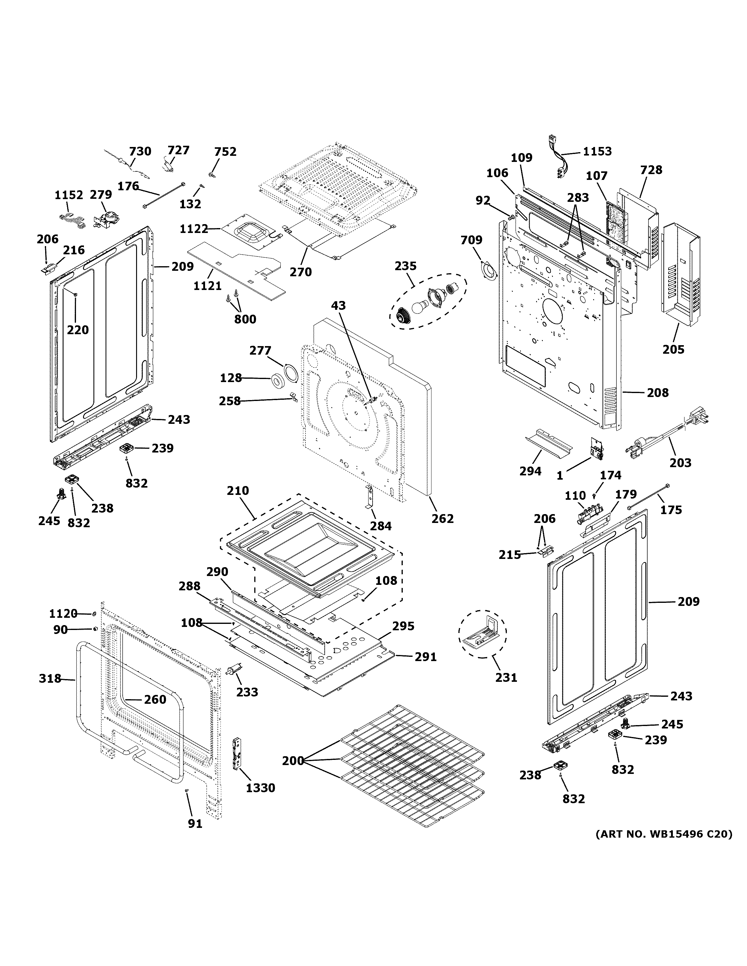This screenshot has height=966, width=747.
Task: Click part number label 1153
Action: coord(597,151)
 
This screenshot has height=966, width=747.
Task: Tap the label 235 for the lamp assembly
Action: coord(405,266)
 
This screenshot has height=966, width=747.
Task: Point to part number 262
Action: coord(442,518)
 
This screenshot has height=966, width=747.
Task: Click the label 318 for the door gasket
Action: coord(49,678)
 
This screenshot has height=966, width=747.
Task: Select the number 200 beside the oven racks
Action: coord(293,761)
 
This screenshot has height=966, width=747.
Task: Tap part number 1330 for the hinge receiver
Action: coord(261,788)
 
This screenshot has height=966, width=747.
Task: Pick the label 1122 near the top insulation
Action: coord(194,229)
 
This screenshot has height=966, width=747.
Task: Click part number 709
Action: coord(471,240)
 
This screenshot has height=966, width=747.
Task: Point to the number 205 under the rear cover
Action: coord(673,349)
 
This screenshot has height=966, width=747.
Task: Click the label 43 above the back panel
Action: coord(338,306)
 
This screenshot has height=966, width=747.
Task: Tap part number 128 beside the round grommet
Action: coord(231,378)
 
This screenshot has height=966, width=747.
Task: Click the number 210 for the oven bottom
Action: coord(238,491)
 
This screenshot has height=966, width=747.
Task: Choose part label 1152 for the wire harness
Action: coord(69,195)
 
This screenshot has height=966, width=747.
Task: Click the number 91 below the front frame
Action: coord(195,824)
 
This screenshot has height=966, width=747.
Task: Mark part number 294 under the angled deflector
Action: coord(530,471)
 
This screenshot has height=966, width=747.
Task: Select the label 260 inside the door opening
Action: coord(155,699)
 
